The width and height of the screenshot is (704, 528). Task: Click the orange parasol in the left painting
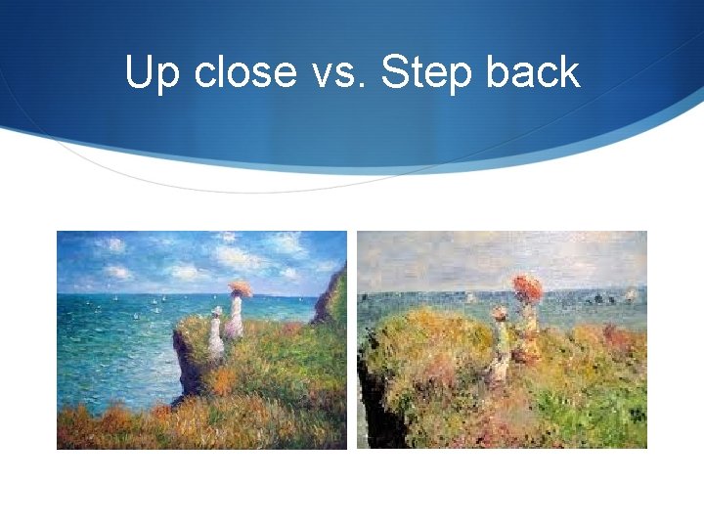tap(240, 288)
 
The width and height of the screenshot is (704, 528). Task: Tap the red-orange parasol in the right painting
tap(528, 287)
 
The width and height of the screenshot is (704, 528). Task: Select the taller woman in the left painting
tap(235, 318)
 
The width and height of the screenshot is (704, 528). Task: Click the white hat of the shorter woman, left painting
tap(216, 312)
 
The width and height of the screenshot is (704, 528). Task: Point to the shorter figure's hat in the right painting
tap(500, 313)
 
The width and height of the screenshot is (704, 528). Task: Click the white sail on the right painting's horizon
tap(630, 292)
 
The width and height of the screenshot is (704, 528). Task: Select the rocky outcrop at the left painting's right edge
tap(330, 298)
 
